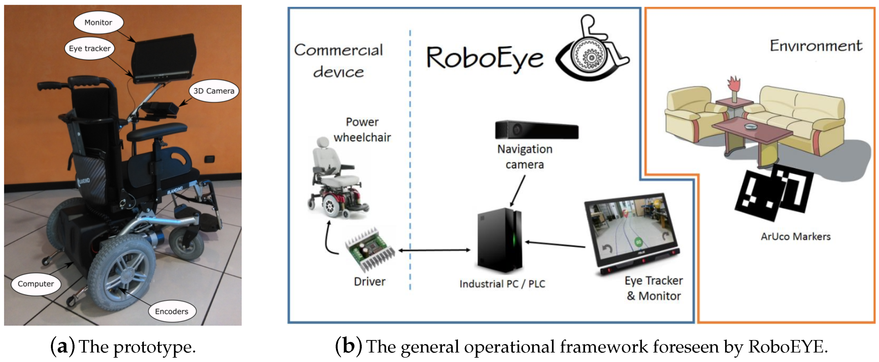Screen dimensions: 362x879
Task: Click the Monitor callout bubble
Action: point(98,23)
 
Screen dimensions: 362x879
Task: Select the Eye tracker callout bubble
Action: point(89,48)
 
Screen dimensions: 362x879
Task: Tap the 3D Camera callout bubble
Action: point(214,91)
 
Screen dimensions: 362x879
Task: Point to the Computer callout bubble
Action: point(36,284)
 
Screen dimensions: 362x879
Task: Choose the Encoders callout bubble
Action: point(172,311)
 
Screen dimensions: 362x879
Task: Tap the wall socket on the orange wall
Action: point(209,159)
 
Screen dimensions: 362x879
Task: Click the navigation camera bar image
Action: point(536,130)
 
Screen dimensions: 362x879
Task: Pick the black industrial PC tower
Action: point(500,241)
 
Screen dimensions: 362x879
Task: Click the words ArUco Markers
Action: point(795,236)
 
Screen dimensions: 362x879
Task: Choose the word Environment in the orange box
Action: point(816,46)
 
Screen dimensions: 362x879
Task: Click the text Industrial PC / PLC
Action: point(502,284)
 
